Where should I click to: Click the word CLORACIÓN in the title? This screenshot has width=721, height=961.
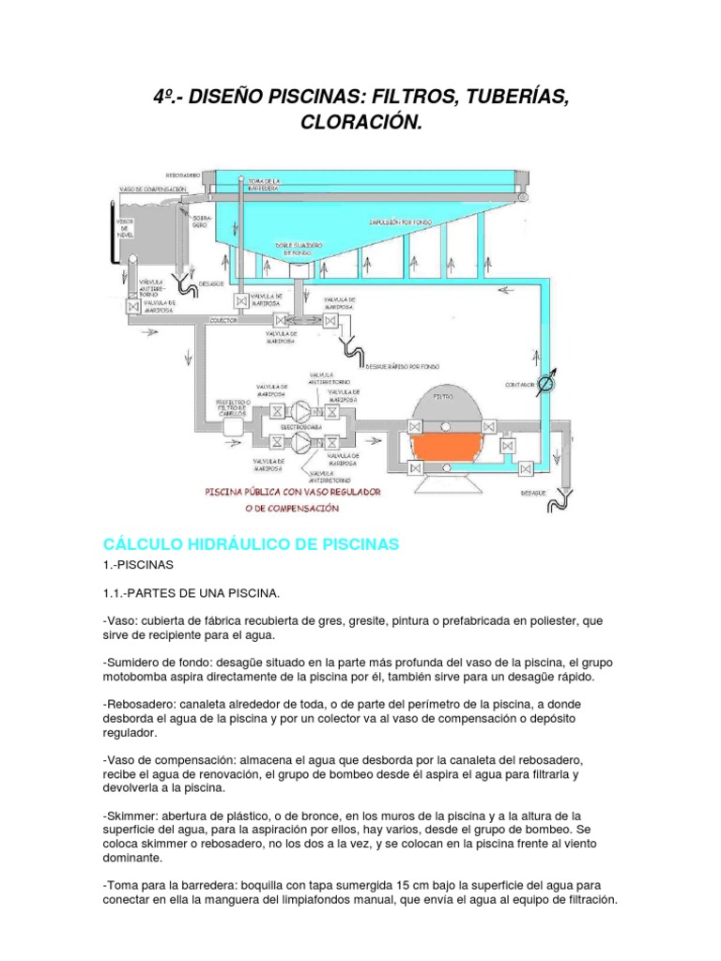pyautogui.click(x=360, y=122)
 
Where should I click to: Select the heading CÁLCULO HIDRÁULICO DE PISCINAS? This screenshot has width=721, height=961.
pyautogui.click(x=252, y=544)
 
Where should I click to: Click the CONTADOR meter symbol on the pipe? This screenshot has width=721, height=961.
pyautogui.click(x=552, y=384)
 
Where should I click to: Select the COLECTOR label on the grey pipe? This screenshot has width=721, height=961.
pyautogui.click(x=222, y=319)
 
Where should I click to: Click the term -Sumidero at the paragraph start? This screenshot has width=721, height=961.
pyautogui.click(x=132, y=662)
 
